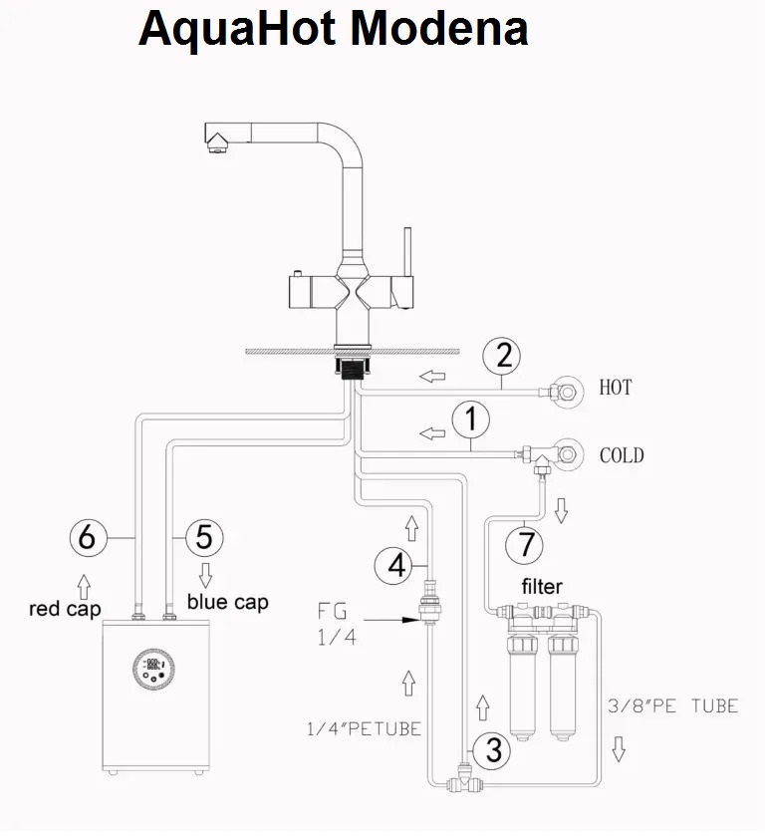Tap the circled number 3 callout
(x=490, y=750)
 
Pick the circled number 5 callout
(x=203, y=538)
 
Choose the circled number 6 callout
(x=88, y=538)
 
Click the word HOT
(x=615, y=388)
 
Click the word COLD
(x=622, y=456)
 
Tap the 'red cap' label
(x=65, y=609)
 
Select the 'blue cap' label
(x=227, y=603)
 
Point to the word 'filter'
(x=542, y=586)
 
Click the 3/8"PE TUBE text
(x=672, y=706)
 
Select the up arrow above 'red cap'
(x=83, y=581)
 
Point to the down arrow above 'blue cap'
(x=206, y=575)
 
